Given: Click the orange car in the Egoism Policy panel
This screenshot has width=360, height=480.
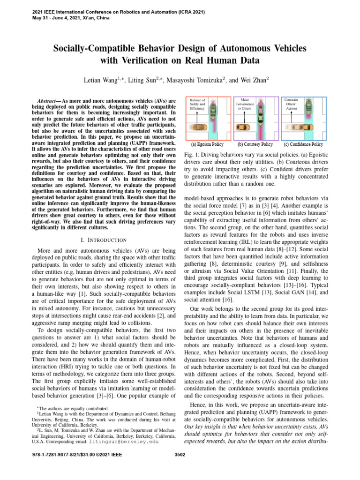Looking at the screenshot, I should pyautogui.click(x=197, y=127).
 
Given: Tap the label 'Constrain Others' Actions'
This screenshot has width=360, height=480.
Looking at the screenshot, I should pyautogui.click(x=292, y=104).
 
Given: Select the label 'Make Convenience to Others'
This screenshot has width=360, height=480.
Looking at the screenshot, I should pyautogui.click(x=244, y=104).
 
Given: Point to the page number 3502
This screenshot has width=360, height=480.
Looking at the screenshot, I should pyautogui.click(x=180, y=454).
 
